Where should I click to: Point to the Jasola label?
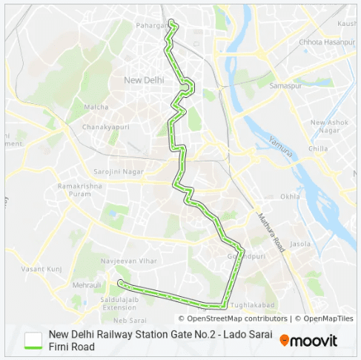301,243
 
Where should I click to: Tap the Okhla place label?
291,197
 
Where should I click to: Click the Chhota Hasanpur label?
322,42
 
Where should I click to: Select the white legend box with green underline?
33,340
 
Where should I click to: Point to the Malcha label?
96,107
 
